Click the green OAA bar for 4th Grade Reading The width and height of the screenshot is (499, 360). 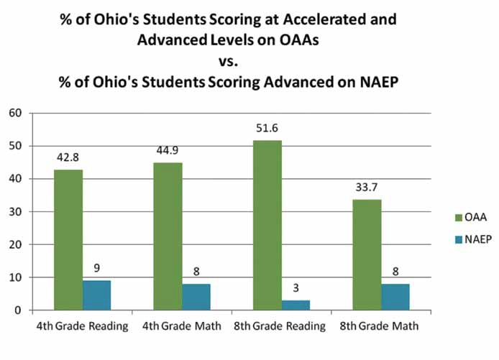coord(68,240)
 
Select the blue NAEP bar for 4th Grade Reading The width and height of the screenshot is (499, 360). coord(96,295)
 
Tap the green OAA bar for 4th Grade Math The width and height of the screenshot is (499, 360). coord(168,236)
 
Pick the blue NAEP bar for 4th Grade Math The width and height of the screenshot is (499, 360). coord(196,297)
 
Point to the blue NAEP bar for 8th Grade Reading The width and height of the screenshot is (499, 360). coord(295,305)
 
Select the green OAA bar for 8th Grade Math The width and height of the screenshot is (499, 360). coord(366,255)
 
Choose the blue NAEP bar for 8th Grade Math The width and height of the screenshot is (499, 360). coord(394,297)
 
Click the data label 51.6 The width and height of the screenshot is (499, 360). coord(267,129)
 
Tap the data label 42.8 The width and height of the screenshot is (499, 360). coord(68,157)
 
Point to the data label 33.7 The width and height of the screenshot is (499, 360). coord(366,188)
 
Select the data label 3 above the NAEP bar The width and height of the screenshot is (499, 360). coord(295,288)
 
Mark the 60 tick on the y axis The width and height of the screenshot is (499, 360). coord(14,113)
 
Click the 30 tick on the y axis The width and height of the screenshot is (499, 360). coord(14,211)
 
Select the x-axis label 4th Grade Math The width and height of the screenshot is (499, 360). coord(182,326)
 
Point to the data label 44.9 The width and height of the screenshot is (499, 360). coord(168,151)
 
